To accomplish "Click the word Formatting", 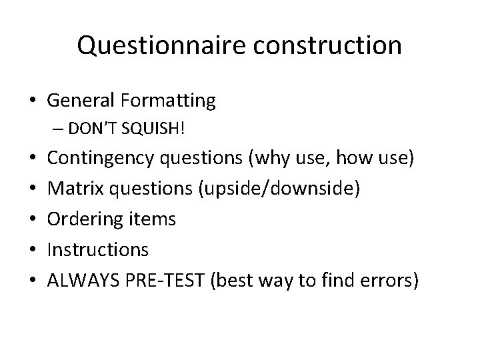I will pyautogui.click(x=169, y=101).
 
